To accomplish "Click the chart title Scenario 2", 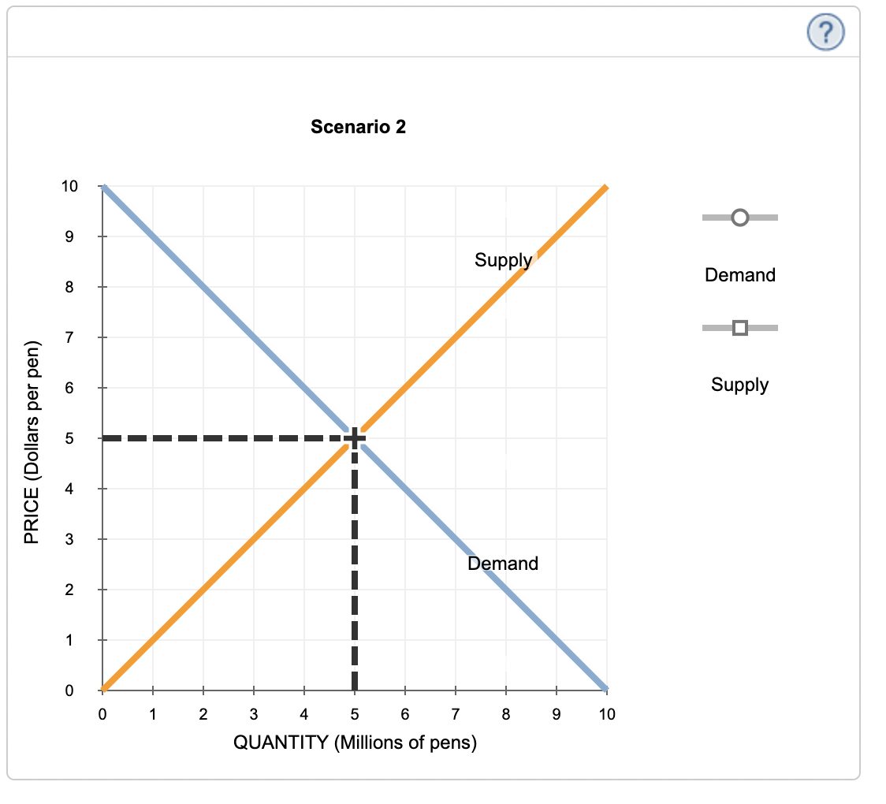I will pyautogui.click(x=359, y=127).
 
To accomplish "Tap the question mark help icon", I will pyautogui.click(x=825, y=32).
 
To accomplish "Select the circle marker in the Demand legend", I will pyautogui.click(x=739, y=217).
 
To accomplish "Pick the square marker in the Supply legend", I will pyautogui.click(x=739, y=327).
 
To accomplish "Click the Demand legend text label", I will pyautogui.click(x=740, y=275).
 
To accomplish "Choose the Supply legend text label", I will pyautogui.click(x=739, y=385).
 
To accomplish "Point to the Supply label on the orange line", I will pyautogui.click(x=503, y=260).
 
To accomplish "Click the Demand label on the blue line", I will pyautogui.click(x=503, y=564).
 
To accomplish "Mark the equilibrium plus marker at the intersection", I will pyautogui.click(x=355, y=438).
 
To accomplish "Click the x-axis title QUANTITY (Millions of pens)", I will pyautogui.click(x=355, y=743).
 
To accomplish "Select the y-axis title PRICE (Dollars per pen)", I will pyautogui.click(x=32, y=441).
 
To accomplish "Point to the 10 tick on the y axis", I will pyautogui.click(x=69, y=187).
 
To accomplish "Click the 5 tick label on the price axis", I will pyautogui.click(x=69, y=438).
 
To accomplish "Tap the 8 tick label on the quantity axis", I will pyautogui.click(x=506, y=715).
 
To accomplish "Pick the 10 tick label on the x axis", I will pyautogui.click(x=607, y=715).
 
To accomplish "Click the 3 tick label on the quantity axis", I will pyautogui.click(x=254, y=715).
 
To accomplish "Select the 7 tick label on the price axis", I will pyautogui.click(x=69, y=338).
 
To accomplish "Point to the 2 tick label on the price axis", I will pyautogui.click(x=69, y=590).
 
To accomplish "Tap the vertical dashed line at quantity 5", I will pyautogui.click(x=355, y=568).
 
